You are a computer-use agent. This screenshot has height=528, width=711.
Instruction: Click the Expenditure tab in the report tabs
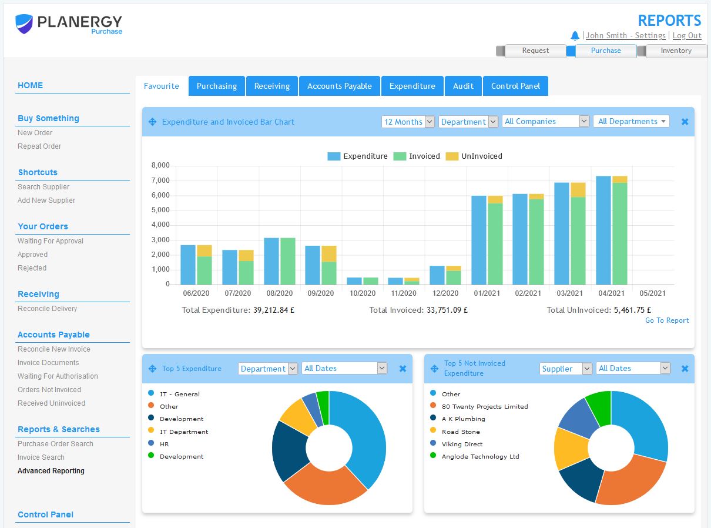(412, 86)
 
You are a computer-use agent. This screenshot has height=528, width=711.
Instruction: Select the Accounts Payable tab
(340, 86)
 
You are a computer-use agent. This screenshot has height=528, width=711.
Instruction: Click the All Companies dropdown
(546, 121)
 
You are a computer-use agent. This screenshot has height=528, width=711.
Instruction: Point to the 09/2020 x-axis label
(321, 293)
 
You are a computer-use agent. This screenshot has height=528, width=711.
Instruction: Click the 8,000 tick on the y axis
(160, 165)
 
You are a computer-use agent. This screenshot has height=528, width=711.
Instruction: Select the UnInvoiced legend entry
(474, 156)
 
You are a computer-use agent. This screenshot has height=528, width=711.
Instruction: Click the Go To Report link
(667, 320)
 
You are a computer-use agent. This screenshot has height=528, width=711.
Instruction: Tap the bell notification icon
(575, 36)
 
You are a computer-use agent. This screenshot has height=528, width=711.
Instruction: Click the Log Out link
(687, 36)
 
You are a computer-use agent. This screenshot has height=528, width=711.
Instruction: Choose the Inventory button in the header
(676, 51)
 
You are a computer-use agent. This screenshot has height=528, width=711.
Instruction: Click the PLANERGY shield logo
(24, 24)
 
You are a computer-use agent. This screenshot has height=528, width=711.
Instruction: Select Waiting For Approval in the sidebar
(51, 241)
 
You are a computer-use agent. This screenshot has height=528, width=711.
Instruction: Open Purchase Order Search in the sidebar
(55, 444)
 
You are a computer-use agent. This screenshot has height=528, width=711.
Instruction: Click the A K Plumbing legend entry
(463, 419)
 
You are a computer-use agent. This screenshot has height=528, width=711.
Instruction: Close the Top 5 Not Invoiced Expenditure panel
(685, 369)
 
